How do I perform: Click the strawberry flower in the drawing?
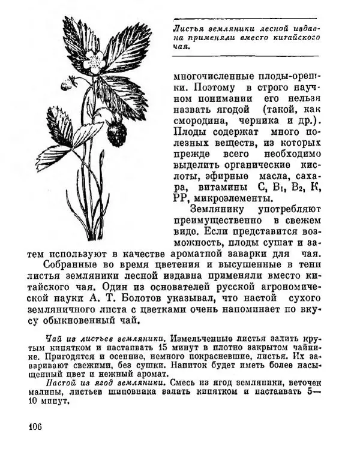[93, 60]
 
